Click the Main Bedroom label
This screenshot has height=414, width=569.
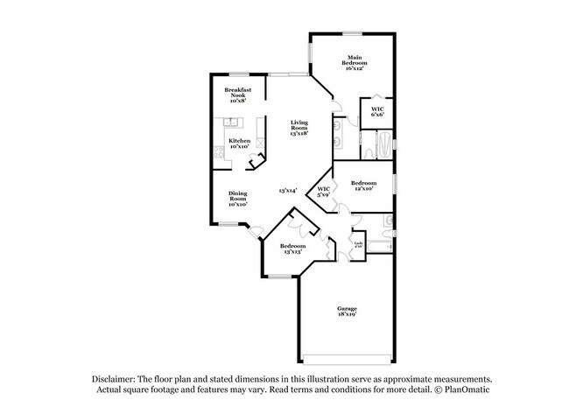point(354,64)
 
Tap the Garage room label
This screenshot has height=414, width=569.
point(348,312)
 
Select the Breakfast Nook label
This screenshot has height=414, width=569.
point(238,95)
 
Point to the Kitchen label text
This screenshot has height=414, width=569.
point(239,144)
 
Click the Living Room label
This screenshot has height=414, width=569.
point(301,128)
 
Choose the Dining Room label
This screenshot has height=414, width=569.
point(238,197)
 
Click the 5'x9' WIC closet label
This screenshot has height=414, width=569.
point(323,191)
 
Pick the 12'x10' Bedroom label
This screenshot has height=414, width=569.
point(362,186)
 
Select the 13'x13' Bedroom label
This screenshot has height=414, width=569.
point(292,249)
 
